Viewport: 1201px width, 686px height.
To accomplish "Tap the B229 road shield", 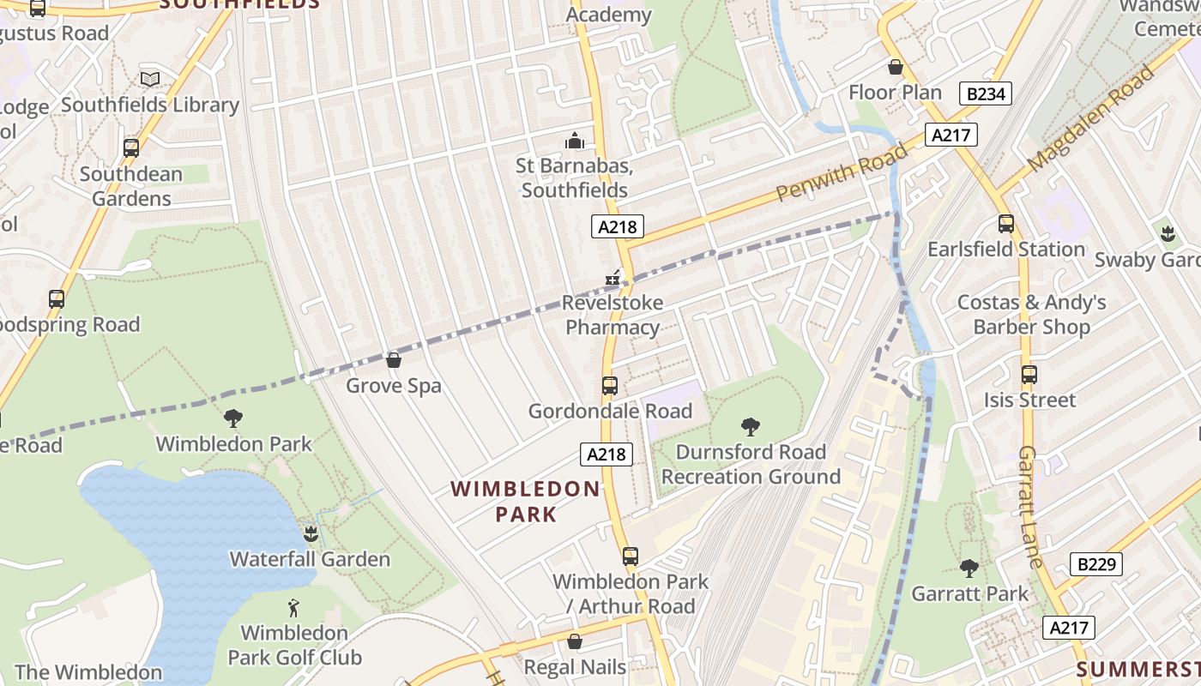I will (1095, 564).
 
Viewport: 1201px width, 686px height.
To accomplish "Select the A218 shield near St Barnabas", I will (617, 226).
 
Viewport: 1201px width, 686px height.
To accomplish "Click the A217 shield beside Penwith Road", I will (950, 135).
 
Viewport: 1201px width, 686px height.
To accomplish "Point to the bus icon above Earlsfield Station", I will (1005, 224).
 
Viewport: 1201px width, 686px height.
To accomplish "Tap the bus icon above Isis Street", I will (1029, 375).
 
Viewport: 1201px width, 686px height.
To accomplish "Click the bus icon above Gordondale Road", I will (609, 386).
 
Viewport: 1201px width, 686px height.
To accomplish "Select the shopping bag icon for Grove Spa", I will (393, 360).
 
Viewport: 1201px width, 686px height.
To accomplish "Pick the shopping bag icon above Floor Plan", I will (896, 67).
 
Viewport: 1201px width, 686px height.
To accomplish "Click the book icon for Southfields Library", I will (150, 79).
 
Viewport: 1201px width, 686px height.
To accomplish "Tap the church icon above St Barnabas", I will (574, 140).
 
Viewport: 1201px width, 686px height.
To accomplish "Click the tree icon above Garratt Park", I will (969, 568).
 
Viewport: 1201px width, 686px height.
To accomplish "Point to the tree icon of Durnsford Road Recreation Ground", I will (751, 426).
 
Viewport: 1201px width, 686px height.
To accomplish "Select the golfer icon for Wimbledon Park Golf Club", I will (294, 608).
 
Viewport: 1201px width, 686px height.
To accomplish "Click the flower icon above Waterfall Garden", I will (311, 534).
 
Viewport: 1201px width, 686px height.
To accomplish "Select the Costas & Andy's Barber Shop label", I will (1031, 315).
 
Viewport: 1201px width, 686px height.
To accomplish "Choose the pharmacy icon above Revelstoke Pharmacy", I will (613, 277).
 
